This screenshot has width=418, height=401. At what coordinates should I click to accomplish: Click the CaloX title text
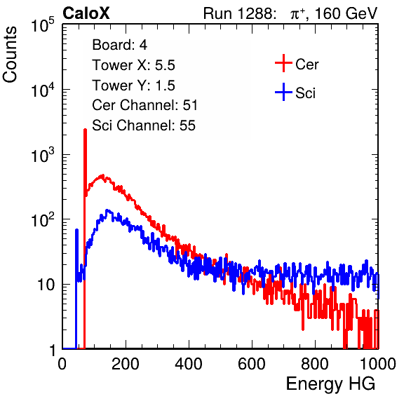click(86, 13)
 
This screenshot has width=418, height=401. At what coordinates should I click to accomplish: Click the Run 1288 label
click(239, 13)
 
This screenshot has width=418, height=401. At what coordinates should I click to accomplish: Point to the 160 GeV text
click(346, 13)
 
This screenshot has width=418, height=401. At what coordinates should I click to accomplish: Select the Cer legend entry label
click(306, 64)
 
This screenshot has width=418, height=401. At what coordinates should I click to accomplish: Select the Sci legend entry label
click(306, 93)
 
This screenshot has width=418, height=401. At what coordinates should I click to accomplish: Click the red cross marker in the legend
click(283, 63)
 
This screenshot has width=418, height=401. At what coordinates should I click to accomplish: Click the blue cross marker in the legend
click(283, 92)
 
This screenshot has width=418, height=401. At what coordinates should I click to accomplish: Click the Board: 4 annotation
click(119, 45)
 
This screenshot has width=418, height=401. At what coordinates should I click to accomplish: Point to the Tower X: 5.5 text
click(133, 65)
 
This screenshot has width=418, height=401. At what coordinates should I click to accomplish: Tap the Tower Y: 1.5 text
click(133, 86)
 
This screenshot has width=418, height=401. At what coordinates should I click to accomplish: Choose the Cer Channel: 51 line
click(144, 105)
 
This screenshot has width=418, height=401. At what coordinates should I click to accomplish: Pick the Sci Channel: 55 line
click(144, 125)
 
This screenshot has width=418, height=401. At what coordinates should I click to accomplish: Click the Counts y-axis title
click(10, 55)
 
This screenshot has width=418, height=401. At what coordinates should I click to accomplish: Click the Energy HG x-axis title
click(330, 384)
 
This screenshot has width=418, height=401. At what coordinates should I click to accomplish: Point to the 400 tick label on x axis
click(189, 364)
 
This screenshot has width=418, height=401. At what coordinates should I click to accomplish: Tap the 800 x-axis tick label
click(315, 364)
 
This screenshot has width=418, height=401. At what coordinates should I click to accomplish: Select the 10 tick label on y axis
click(46, 285)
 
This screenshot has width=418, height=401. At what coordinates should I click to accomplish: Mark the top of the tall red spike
click(85, 130)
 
